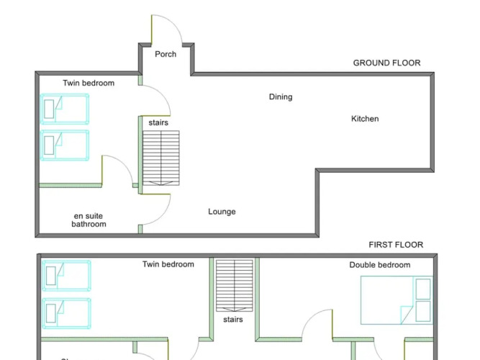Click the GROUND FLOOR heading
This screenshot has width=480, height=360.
click(386, 63)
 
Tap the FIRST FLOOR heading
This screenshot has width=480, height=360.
click(396, 245)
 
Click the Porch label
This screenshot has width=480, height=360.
click(166, 54)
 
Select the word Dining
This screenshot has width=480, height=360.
click(281, 97)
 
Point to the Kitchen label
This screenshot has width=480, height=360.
click(365, 119)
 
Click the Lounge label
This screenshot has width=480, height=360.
click(222, 212)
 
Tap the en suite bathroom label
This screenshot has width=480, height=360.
click(89, 220)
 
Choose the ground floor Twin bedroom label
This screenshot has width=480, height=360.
click(89, 84)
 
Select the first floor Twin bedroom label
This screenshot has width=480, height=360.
click(168, 264)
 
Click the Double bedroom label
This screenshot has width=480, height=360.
click(380, 265)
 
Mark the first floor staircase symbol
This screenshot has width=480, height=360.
click(234, 285)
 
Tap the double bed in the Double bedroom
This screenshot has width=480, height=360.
click(397, 299)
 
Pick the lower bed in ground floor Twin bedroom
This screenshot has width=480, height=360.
click(65, 145)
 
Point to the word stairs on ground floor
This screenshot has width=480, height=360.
click(158, 123)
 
